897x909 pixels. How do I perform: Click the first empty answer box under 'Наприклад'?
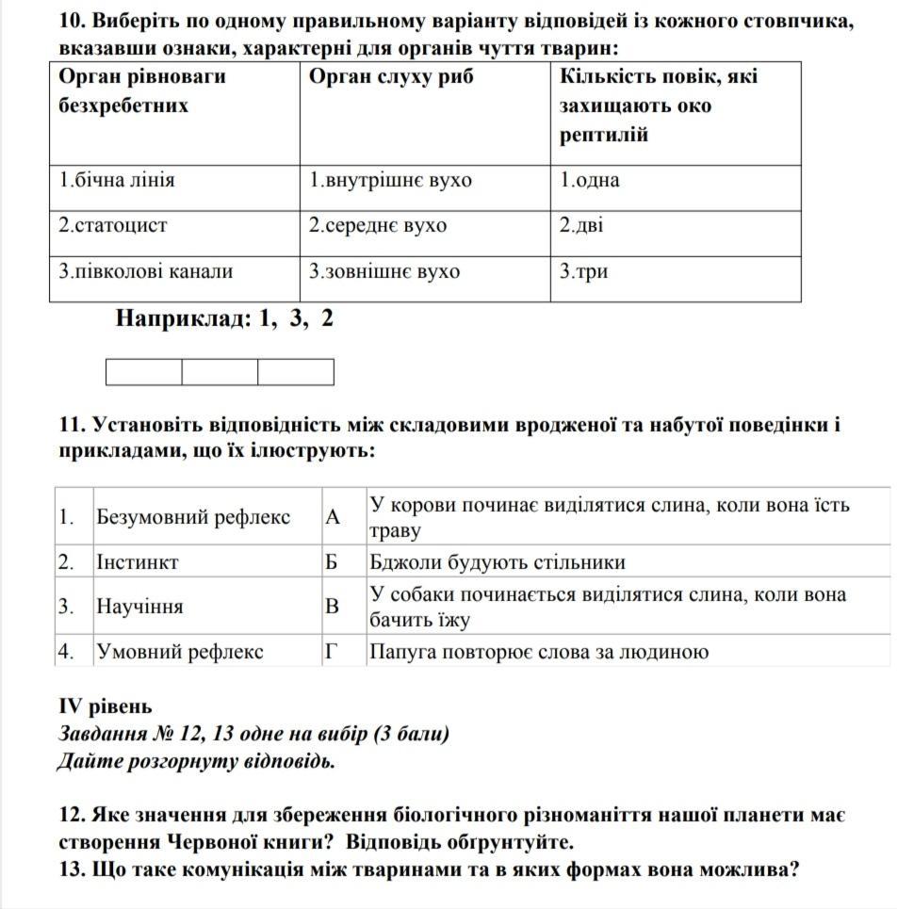[x=144, y=373]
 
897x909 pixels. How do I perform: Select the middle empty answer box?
[x=220, y=373]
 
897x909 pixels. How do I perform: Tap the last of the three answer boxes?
[x=296, y=373]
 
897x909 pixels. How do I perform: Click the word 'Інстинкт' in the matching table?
[x=138, y=562]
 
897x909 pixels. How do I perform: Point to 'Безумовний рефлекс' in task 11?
[x=193, y=517]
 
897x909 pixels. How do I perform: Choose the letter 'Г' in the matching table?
[x=331, y=652]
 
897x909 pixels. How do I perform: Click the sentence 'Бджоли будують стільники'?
[x=497, y=562]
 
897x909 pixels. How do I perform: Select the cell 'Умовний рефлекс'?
[x=180, y=652]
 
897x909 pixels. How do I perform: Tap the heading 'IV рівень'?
[x=105, y=706]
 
